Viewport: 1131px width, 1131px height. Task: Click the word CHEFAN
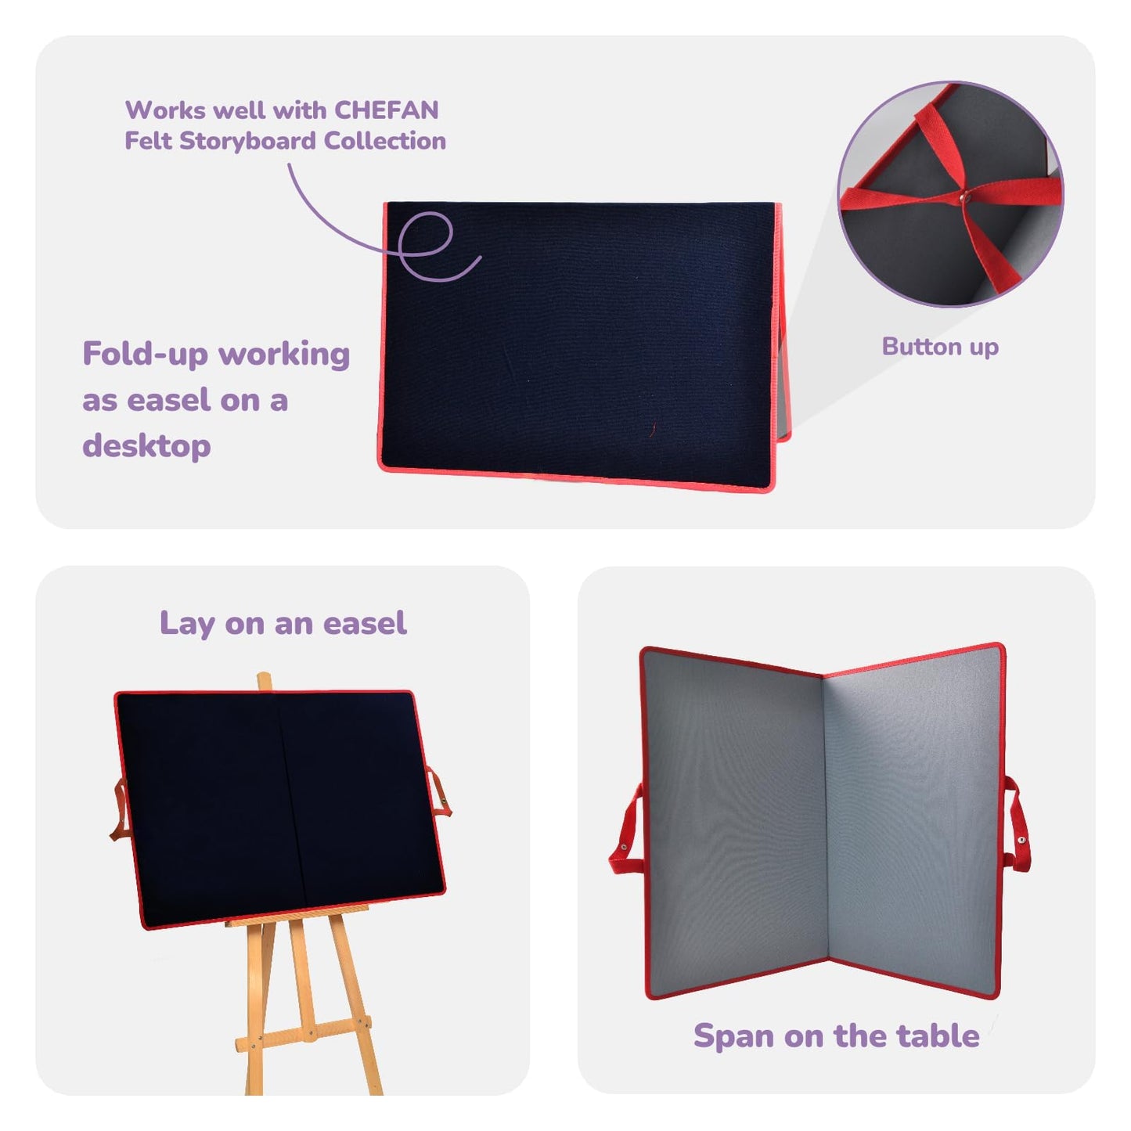[386, 110]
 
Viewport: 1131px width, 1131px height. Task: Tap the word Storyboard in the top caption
[249, 142]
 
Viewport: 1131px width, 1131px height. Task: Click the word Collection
[385, 141]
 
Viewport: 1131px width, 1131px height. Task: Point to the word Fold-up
[146, 355]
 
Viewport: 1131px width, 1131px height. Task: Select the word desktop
[146, 446]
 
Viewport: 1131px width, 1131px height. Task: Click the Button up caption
[940, 347]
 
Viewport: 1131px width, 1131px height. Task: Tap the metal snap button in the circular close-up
[964, 198]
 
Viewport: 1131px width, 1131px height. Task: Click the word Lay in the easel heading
[187, 624]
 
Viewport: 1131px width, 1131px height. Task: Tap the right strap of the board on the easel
[438, 792]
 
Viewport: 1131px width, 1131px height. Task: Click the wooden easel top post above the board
[265, 682]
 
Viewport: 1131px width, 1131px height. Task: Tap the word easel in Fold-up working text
[169, 401]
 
